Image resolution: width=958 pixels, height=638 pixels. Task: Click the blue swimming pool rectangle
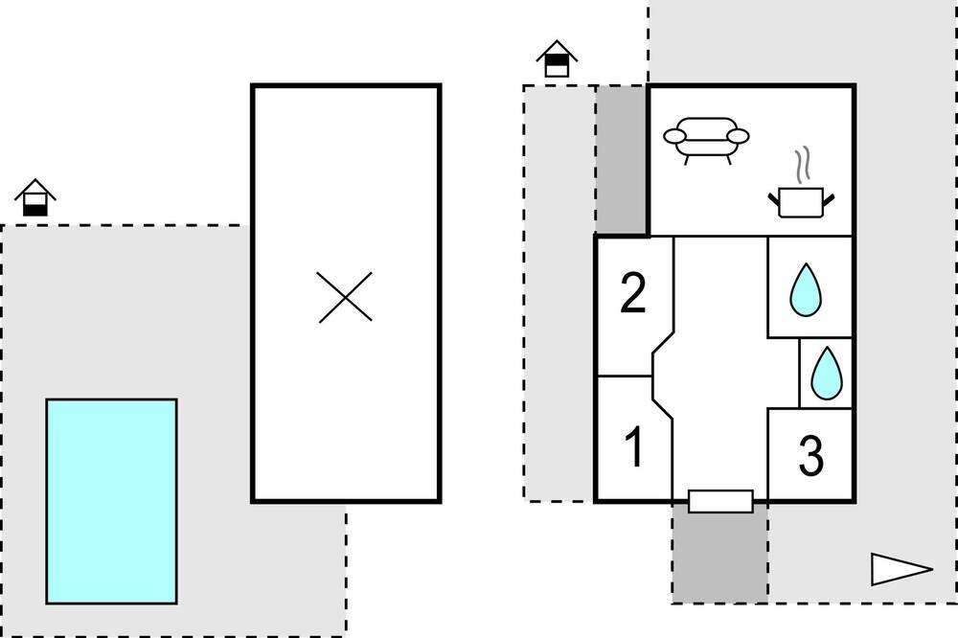[x=112, y=501]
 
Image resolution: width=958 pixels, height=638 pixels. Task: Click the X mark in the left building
[x=345, y=297]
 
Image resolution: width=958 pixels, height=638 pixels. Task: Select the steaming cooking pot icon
[x=801, y=182]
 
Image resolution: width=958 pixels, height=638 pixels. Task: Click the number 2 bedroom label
[x=633, y=293]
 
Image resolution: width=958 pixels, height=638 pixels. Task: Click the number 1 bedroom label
[x=635, y=446]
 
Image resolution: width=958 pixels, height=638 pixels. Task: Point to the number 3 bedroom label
[x=811, y=455]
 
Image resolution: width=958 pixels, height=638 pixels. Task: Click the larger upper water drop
[x=806, y=289]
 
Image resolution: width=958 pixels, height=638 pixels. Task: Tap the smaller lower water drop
[x=827, y=374]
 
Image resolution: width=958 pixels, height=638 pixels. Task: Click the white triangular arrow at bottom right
[x=901, y=569]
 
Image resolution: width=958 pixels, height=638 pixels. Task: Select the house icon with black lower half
[x=35, y=197]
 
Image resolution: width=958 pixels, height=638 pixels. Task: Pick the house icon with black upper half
[x=557, y=58]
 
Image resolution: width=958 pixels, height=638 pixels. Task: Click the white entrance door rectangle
[x=720, y=501]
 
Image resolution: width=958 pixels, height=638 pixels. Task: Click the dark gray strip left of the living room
[x=622, y=159]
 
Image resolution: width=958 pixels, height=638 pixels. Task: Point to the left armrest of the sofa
[x=675, y=136]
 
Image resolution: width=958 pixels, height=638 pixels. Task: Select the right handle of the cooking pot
[x=829, y=199]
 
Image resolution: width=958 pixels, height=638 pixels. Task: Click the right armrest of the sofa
[x=738, y=136]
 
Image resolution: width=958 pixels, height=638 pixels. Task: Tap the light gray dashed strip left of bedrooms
[x=559, y=293]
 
